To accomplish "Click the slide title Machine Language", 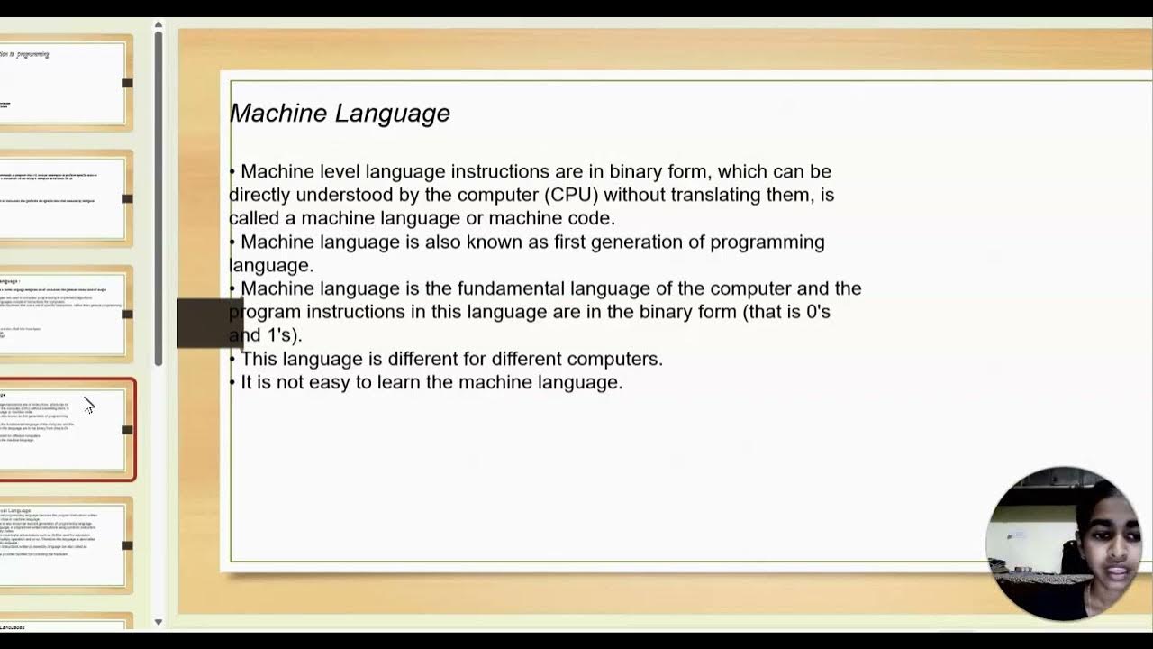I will (340, 114).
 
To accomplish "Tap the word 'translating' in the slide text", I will (741, 195).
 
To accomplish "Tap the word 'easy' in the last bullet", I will (330, 382).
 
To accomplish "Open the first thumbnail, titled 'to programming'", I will (63, 83).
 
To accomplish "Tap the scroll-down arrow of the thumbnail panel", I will (159, 622).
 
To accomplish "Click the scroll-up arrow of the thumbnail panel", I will (159, 25).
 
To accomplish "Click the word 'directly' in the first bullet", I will (259, 195).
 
